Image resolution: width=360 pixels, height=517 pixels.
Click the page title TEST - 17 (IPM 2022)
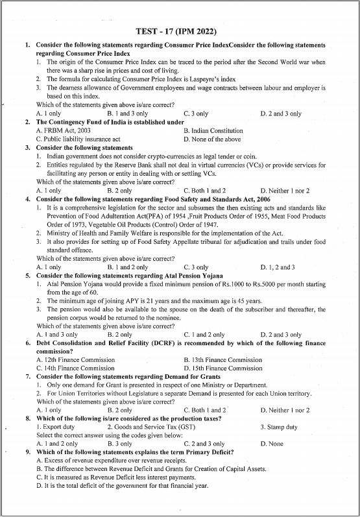click(x=176, y=31)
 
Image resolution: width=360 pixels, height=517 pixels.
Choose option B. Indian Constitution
click(x=213, y=131)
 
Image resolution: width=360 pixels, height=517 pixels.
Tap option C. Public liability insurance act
click(x=78, y=139)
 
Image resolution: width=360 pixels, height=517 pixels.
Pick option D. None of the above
click(x=212, y=139)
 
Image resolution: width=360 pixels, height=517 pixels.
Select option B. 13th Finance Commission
click(x=223, y=359)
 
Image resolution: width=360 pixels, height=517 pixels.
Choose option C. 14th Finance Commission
click(x=75, y=368)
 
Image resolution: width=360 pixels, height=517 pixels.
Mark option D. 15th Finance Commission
click(x=223, y=368)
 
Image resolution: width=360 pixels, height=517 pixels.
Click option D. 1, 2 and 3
click(x=278, y=267)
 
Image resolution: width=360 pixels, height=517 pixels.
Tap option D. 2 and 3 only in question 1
click(x=281, y=114)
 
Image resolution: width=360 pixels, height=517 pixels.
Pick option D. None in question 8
click(x=272, y=444)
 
